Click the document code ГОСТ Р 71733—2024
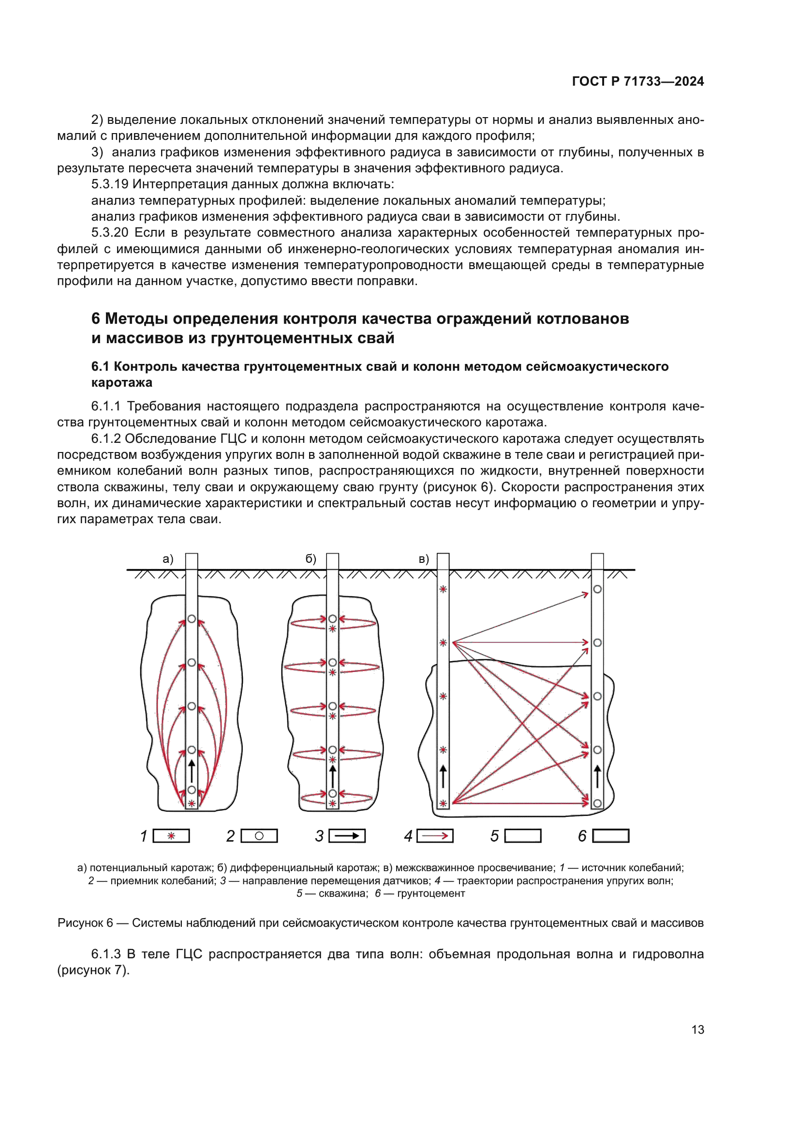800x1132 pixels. (637, 81)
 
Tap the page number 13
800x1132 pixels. (697, 1029)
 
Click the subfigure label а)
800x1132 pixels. (168, 559)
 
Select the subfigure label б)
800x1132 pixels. (311, 559)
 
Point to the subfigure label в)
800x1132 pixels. (424, 559)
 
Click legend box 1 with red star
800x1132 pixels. (171, 836)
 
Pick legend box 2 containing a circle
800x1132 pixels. (259, 836)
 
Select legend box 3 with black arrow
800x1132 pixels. (347, 836)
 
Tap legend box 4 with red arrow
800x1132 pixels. (435, 836)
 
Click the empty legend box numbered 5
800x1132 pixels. (523, 836)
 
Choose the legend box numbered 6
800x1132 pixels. (611, 836)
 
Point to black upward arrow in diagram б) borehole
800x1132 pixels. (332, 775)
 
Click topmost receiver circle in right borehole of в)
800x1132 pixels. (597, 589)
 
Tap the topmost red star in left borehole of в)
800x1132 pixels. (443, 589)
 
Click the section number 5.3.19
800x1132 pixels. (109, 184)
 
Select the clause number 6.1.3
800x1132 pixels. (105, 954)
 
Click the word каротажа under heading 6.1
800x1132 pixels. (122, 383)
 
